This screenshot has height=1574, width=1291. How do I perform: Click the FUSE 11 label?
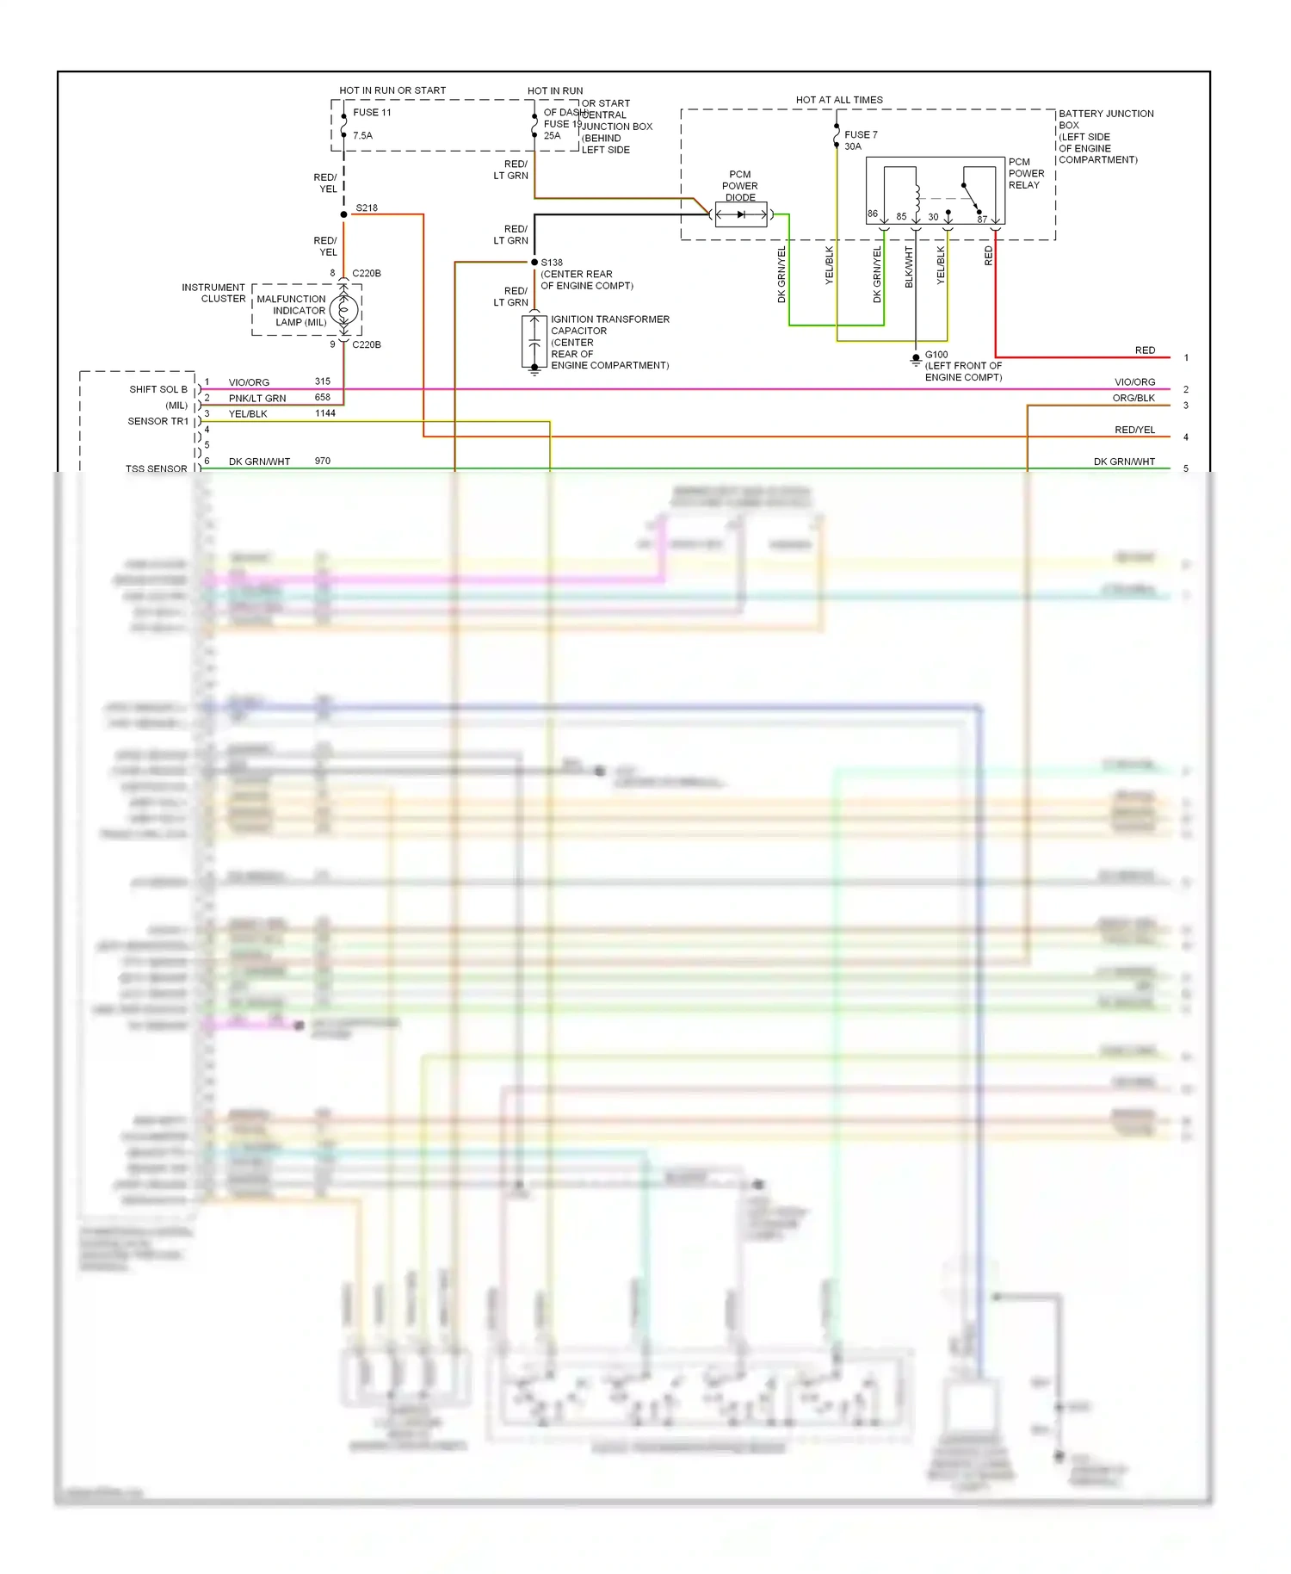pos(372,113)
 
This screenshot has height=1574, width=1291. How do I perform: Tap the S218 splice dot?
pos(344,214)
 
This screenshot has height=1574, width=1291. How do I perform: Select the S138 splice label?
pos(552,263)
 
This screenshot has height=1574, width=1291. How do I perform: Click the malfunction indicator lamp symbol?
pos(344,310)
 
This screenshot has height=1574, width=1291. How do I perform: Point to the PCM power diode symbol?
pos(740,214)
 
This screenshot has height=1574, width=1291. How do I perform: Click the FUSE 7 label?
pos(861,135)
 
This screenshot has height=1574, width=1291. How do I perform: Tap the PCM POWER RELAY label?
pos(1026,173)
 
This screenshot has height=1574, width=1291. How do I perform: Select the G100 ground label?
pos(936,355)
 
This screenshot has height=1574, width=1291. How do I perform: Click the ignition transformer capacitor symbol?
pos(534,342)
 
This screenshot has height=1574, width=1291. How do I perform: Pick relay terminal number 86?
pos(873,214)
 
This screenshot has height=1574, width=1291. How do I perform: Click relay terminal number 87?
pos(982,220)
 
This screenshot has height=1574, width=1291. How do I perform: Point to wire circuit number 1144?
pos(325,413)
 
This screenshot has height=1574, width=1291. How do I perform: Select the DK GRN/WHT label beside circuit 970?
pos(259,462)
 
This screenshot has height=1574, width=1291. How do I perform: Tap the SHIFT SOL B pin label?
pos(158,389)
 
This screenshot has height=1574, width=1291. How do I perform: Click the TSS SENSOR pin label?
pos(156,468)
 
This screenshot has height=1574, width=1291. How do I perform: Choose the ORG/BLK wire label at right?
pos(1133,398)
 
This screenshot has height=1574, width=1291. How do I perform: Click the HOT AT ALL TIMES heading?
pos(839,100)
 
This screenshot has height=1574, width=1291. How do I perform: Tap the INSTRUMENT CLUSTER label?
pos(213,293)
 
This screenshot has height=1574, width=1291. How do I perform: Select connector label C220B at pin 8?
pos(367,274)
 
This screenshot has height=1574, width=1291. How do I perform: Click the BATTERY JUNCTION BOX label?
pos(1105,119)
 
